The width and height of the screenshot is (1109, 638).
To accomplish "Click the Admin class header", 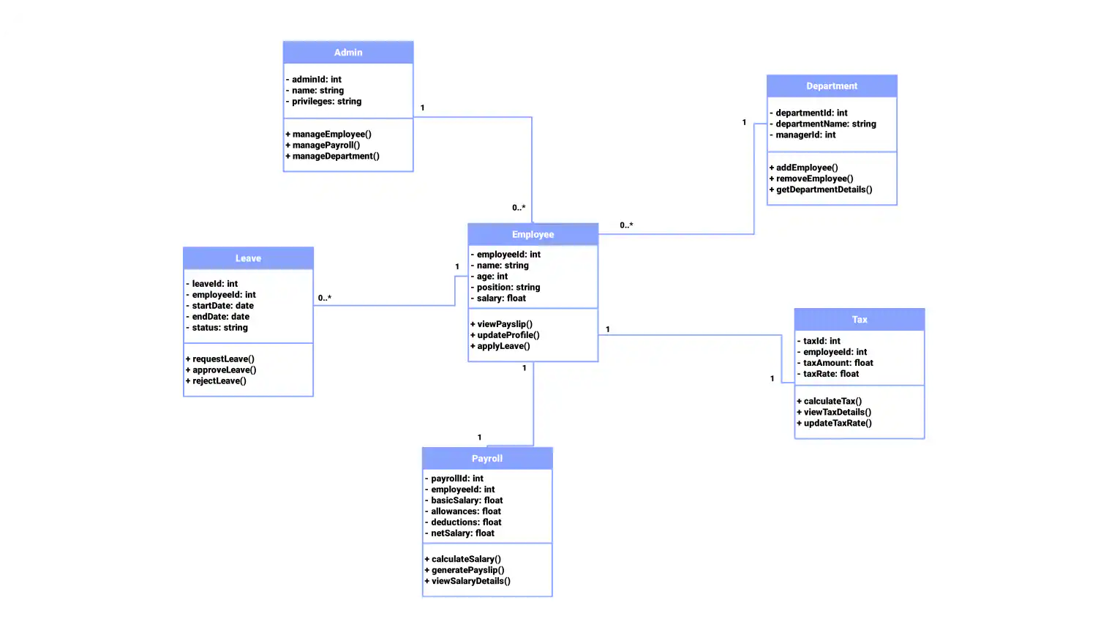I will coord(348,53).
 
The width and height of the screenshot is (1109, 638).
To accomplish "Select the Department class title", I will coord(832,86).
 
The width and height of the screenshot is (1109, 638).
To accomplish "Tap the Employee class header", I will coord(533,235).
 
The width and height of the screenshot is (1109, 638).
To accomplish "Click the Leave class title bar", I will coord(248,259).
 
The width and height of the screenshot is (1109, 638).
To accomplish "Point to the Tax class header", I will coord(860,320).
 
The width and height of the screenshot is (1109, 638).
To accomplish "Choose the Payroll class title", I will coord(487,459).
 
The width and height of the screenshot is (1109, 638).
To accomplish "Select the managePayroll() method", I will coord(326,146).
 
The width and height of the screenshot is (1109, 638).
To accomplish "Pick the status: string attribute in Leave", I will coord(219,328).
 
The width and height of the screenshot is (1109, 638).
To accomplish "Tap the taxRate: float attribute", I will coord(831,374).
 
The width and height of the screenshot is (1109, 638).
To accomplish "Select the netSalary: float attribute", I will coord(462,533).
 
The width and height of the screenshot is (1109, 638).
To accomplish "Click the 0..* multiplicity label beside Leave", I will coord(325,299).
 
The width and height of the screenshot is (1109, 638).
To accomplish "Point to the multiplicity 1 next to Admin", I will coord(423,108).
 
